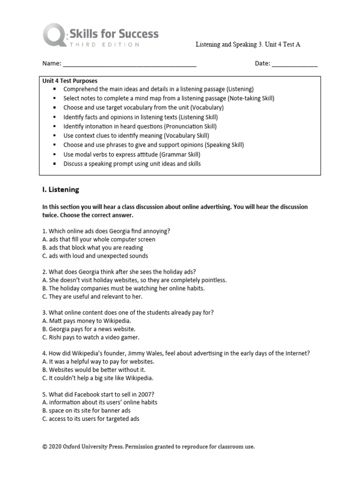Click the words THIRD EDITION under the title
coord(104,45)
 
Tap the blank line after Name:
coord(129,64)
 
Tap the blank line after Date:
coord(295,64)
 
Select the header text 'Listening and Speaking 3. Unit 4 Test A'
coord(247,45)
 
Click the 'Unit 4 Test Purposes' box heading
coord(70,81)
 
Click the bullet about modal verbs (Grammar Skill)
coord(132,155)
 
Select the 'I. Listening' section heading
coord(61,190)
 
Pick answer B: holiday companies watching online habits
coord(123,288)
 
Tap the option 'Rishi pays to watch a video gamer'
coord(91,337)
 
